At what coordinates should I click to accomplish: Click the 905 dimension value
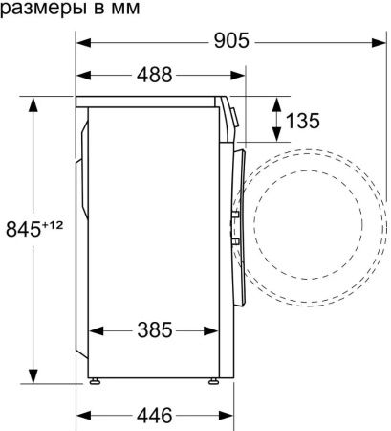pos(231,40)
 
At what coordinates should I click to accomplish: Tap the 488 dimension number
pos(155,75)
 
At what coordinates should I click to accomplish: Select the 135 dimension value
pos(303,121)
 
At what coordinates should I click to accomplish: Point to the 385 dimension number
pos(155,330)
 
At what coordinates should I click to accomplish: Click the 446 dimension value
pos(155,416)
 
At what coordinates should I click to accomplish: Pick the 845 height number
pos(23,229)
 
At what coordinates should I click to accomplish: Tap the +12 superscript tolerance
pos(53,226)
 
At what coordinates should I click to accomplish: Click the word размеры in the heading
pos(43,9)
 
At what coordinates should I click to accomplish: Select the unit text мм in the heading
pos(125,9)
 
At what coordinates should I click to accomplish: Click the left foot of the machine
pos(95,381)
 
